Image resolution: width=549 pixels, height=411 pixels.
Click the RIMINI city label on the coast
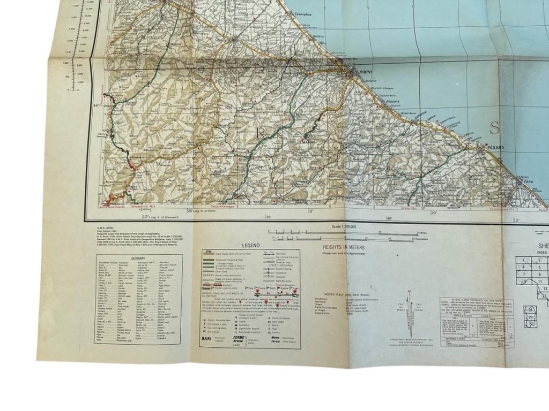367,77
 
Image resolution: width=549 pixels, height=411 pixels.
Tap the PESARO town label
496,146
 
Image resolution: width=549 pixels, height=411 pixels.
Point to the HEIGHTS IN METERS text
344,248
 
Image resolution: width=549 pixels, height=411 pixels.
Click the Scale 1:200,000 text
344,227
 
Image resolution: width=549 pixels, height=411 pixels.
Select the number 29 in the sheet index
530,317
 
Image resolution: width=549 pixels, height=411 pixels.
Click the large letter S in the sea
494,128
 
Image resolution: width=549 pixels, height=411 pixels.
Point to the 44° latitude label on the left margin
96,106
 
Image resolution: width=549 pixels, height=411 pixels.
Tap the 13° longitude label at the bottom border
517,220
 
